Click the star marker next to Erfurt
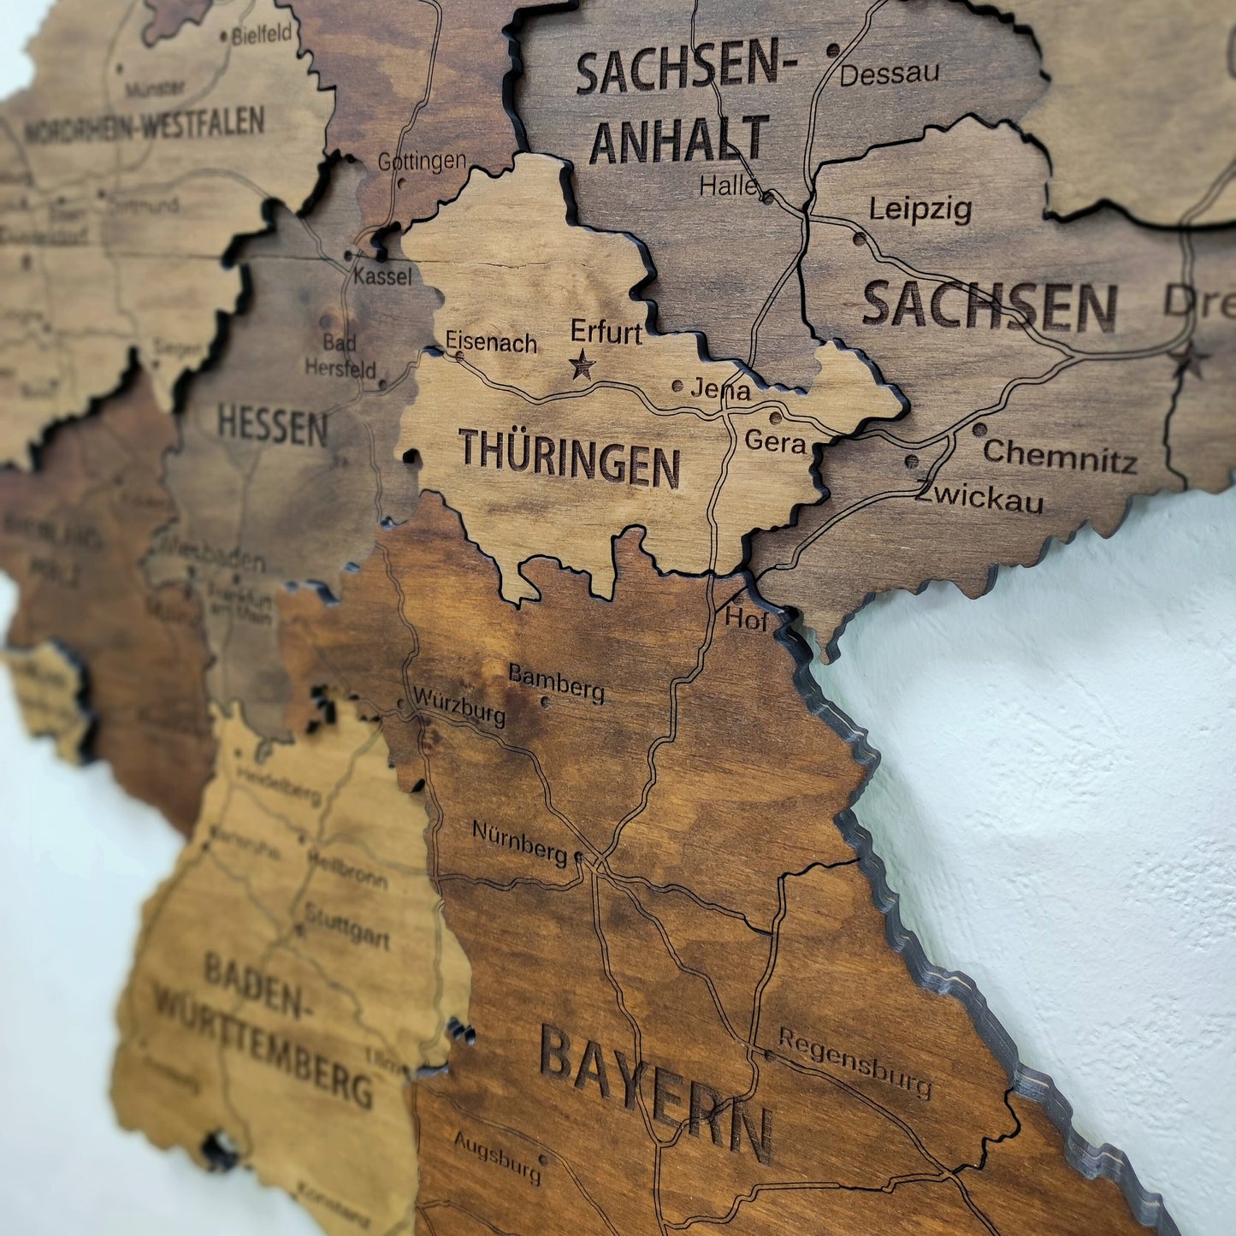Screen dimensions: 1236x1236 pyautogui.click(x=583, y=365)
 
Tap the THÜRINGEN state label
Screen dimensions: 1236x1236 pyautogui.click(x=569, y=459)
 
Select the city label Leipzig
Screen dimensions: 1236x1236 pyautogui.click(x=920, y=210)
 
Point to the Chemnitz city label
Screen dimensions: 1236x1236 pyautogui.click(x=1060, y=455)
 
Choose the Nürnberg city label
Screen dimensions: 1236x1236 pyautogui.click(x=519, y=842)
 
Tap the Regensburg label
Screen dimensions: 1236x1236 pyautogui.click(x=854, y=1062)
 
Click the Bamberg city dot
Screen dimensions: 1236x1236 pyautogui.click(x=546, y=702)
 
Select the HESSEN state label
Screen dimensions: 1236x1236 pyautogui.click(x=272, y=425)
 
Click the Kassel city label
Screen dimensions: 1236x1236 pyautogui.click(x=382, y=276)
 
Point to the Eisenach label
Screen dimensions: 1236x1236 pyautogui.click(x=491, y=342)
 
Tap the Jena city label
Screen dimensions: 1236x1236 pyautogui.click(x=720, y=390)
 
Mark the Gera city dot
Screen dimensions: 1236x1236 pyautogui.click(x=775, y=418)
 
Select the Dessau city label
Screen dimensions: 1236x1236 pyautogui.click(x=889, y=74)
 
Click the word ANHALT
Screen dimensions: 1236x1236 pyautogui.click(x=679, y=140)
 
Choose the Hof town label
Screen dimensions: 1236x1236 pyautogui.click(x=746, y=619)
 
